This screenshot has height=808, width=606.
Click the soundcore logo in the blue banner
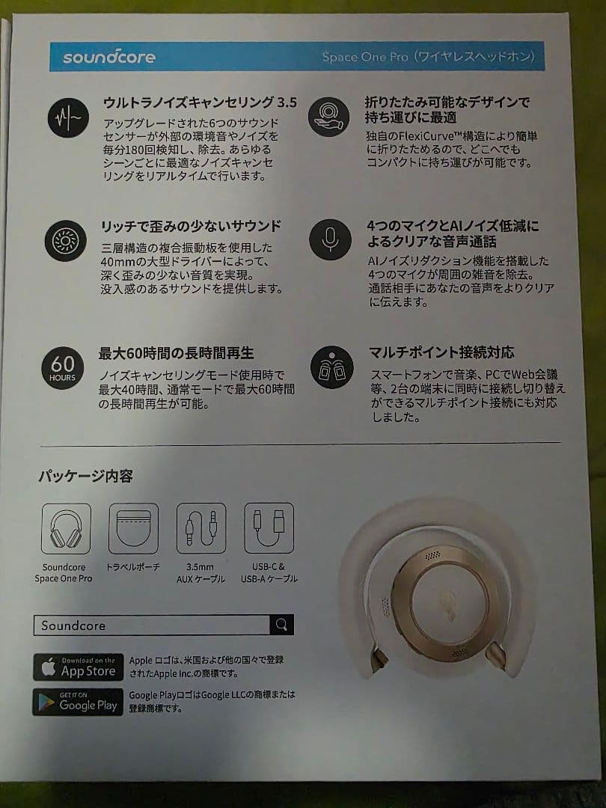109,58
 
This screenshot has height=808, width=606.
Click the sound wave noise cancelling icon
68,117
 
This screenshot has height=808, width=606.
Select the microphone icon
330,239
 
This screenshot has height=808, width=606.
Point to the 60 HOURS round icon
63,367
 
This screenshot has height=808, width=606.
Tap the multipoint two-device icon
331,367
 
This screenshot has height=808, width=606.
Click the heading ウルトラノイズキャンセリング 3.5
199,102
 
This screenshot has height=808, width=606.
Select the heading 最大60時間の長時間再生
177,352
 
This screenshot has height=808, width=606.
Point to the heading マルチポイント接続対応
441,352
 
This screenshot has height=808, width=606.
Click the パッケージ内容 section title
85,476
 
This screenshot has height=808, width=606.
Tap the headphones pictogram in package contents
66,528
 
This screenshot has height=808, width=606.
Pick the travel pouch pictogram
133,528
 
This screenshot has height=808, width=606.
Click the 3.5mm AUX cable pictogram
201,528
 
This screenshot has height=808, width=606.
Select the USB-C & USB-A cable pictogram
269,528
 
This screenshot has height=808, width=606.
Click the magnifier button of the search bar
281,625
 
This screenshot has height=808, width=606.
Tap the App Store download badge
78,667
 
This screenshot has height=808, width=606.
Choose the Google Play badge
78,702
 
